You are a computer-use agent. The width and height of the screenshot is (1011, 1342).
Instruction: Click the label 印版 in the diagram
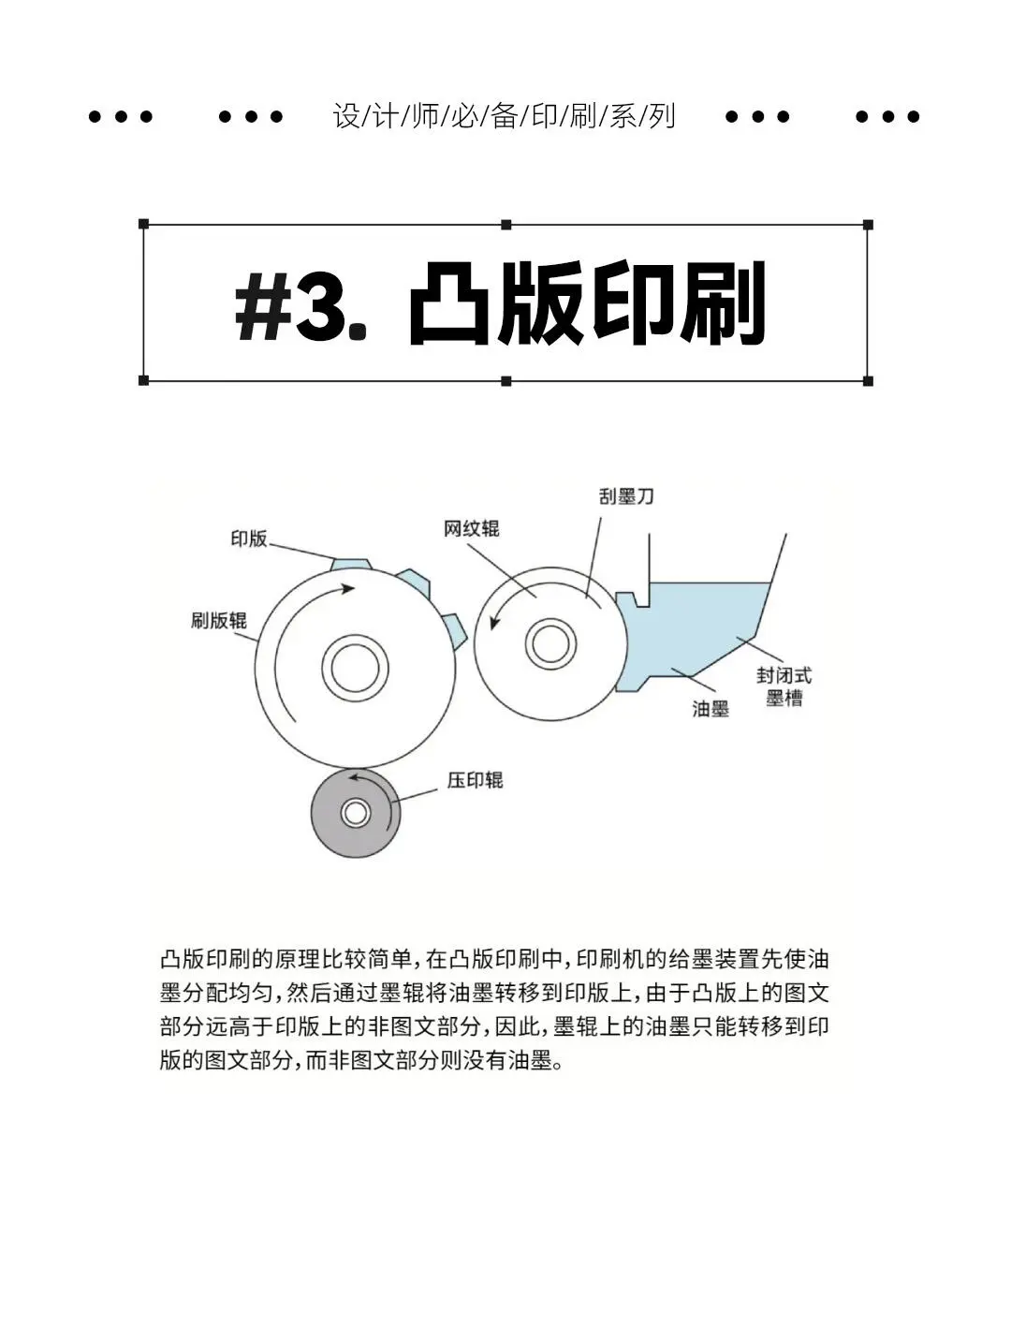click(x=249, y=538)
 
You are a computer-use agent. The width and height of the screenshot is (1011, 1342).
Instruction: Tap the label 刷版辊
click(x=218, y=620)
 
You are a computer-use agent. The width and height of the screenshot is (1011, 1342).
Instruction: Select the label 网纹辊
click(x=471, y=529)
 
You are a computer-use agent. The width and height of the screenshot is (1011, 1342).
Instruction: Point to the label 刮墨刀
click(x=626, y=496)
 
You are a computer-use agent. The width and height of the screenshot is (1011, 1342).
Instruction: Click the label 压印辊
click(x=475, y=780)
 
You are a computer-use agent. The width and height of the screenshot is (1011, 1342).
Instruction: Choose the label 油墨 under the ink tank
click(x=711, y=709)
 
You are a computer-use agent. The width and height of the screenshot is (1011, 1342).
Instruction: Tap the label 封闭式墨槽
click(x=784, y=686)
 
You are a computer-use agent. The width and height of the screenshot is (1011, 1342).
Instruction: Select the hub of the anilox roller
click(x=549, y=643)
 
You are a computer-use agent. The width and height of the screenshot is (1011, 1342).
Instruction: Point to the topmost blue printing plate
click(x=351, y=564)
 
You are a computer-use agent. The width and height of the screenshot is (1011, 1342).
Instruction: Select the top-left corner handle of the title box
click(x=143, y=224)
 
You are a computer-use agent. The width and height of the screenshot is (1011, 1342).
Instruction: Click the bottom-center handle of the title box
click(x=506, y=381)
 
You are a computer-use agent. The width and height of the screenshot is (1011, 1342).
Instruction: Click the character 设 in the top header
click(x=346, y=116)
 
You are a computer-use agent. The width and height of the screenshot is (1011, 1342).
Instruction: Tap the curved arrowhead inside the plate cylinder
click(x=347, y=588)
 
